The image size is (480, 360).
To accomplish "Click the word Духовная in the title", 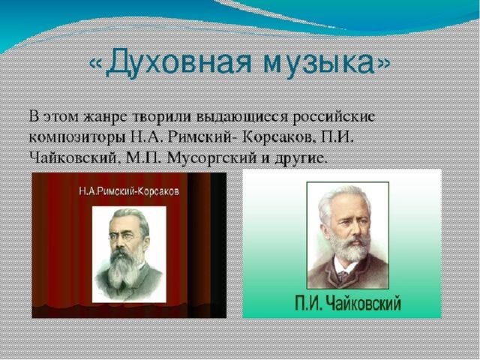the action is pyautogui.click(x=179, y=64).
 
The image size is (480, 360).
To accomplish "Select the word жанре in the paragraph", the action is pyautogui.click(x=104, y=118).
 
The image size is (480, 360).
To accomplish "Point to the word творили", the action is pyautogui.click(x=162, y=117).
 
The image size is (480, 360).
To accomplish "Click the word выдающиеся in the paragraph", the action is pyautogui.click(x=241, y=118).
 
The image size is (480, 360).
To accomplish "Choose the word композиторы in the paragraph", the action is pyautogui.click(x=77, y=138).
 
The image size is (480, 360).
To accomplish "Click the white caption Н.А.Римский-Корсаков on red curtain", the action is pyautogui.click(x=129, y=192).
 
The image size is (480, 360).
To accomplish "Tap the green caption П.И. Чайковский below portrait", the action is pyautogui.click(x=348, y=303).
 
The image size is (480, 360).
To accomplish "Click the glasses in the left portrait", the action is pyautogui.click(x=121, y=236).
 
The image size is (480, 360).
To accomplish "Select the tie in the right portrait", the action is pyautogui.click(x=343, y=277).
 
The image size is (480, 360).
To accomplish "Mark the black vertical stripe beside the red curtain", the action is pyautogui.click(x=218, y=245).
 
